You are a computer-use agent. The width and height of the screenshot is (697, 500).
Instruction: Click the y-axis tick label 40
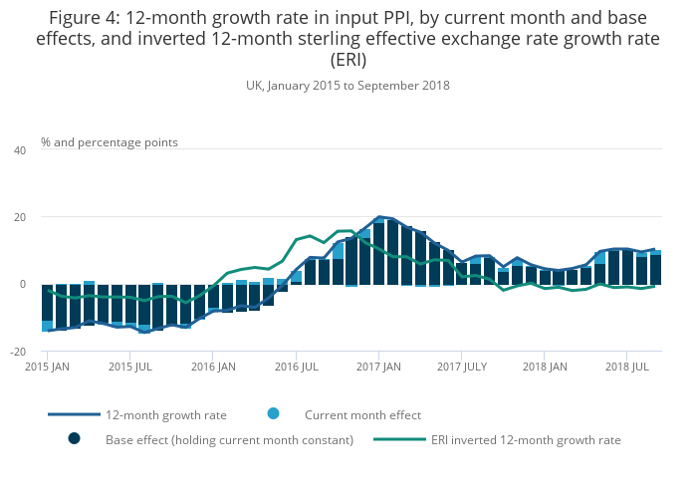(x=19, y=150)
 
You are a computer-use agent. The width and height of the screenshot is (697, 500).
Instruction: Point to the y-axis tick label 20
(x=19, y=217)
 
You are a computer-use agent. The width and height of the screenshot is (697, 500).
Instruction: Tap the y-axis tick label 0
(x=22, y=284)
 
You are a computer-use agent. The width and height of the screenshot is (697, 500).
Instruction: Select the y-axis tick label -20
(x=17, y=352)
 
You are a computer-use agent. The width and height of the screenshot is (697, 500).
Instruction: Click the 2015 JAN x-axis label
(x=47, y=368)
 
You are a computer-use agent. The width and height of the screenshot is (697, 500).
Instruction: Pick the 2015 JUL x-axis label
(x=131, y=368)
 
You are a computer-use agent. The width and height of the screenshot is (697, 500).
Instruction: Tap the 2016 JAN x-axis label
(x=213, y=368)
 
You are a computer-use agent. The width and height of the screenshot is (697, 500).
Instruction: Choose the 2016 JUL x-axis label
(x=297, y=368)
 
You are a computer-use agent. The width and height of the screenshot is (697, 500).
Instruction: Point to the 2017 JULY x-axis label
(x=463, y=368)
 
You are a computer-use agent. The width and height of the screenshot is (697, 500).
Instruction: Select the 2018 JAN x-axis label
(x=545, y=368)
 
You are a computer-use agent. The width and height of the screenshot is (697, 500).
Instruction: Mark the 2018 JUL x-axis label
(x=626, y=368)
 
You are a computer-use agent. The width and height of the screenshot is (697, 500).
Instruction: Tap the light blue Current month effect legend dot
(x=274, y=413)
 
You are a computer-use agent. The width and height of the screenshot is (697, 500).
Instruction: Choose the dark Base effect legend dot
(x=75, y=438)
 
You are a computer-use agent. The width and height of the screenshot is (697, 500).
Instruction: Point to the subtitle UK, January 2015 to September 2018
(x=348, y=86)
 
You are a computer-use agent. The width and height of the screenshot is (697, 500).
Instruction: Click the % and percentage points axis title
(x=110, y=142)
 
